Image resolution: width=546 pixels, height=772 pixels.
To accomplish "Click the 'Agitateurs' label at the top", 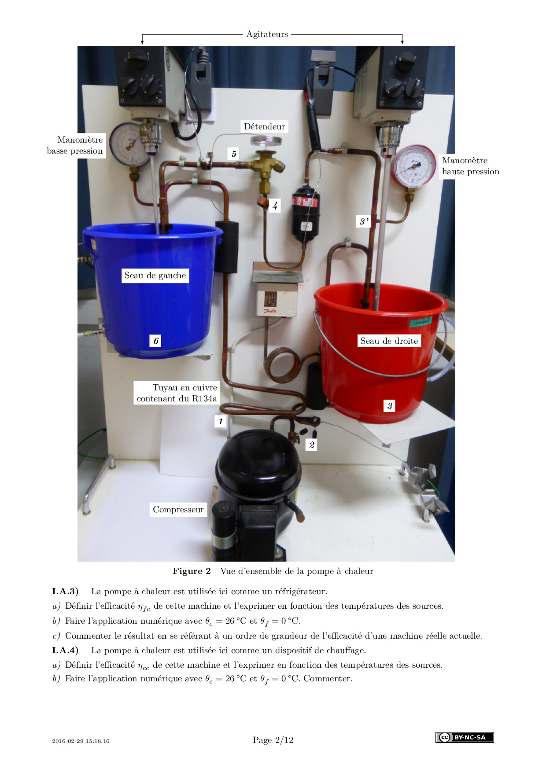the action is [x=267, y=34].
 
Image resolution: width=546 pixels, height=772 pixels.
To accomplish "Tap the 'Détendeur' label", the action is [x=265, y=127].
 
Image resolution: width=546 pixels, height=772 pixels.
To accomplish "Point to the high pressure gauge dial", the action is [x=414, y=166].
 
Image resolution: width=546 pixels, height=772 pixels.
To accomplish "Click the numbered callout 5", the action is [x=234, y=154].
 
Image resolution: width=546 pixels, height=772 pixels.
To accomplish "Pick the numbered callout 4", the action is [x=275, y=206].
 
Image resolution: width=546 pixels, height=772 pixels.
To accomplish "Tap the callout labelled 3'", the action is [x=364, y=221].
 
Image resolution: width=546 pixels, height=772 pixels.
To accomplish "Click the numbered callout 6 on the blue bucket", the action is [x=155, y=341].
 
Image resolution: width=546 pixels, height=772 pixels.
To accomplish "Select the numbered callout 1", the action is [x=221, y=421].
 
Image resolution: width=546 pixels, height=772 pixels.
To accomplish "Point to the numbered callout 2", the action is [x=312, y=445].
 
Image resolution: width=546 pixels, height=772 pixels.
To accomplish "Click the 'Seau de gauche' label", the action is [x=155, y=276].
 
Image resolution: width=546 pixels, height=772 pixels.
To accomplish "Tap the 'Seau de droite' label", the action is [x=389, y=341].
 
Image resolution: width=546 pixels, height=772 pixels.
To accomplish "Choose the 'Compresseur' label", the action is [x=178, y=510].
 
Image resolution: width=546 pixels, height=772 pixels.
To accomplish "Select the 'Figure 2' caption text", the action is [x=192, y=571].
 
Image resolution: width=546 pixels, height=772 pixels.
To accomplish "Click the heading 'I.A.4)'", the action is [x=65, y=651].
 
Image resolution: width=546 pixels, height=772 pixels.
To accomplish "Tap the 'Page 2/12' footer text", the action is [x=273, y=740].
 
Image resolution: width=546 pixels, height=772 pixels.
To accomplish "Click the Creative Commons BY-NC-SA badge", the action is [x=465, y=737].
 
